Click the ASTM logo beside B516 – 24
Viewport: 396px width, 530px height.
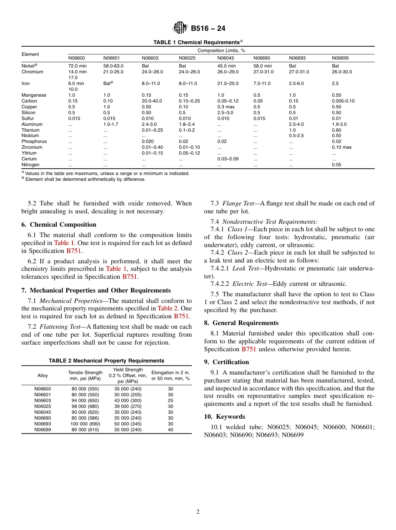tap(180, 28)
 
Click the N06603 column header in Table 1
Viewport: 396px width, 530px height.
tap(150, 58)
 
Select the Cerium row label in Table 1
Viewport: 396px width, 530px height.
tap(29, 159)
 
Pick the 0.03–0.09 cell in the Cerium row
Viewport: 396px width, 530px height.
tap(228, 159)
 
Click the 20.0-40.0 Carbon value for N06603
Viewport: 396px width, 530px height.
tap(152, 101)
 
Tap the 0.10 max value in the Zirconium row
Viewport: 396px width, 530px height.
tap(341, 147)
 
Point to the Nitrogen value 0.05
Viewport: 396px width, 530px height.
tap(336, 165)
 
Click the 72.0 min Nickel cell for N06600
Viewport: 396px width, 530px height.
tap(77, 66)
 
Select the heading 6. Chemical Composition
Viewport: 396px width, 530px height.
tap(59, 225)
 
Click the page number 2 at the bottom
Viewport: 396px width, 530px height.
tap(198, 512)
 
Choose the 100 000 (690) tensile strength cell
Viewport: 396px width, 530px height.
tap(85, 424)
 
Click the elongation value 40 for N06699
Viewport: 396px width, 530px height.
tap(170, 430)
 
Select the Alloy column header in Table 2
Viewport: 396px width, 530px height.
tap(43, 375)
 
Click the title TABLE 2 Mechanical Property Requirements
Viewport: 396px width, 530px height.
tap(106, 361)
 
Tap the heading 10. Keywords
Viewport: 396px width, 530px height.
tap(225, 417)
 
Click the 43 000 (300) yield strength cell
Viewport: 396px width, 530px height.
tap(128, 400)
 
